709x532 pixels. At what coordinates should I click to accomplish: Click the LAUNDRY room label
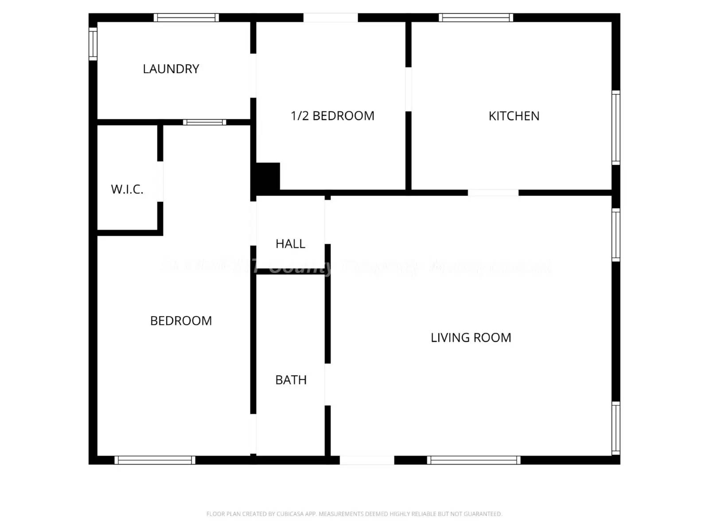(171, 69)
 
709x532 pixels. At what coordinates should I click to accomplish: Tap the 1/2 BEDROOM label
(332, 116)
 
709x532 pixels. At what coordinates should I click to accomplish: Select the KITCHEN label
(514, 116)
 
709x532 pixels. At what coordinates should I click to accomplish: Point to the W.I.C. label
(127, 190)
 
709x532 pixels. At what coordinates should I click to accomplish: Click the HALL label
(290, 244)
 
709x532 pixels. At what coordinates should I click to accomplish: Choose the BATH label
(291, 380)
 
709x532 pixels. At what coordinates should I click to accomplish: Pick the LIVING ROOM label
(471, 338)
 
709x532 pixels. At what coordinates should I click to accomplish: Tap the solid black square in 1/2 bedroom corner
(268, 176)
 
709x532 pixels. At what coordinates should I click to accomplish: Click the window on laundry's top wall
(186, 18)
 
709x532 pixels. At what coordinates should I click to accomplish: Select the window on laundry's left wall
(93, 43)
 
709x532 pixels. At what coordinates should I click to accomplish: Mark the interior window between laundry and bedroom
(204, 122)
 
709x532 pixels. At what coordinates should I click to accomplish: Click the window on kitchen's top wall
(476, 18)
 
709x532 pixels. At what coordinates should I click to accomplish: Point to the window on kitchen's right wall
(616, 127)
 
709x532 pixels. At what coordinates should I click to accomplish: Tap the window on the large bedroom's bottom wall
(155, 460)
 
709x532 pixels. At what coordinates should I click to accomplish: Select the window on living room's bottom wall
(474, 460)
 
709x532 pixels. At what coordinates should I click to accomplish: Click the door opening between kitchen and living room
(493, 193)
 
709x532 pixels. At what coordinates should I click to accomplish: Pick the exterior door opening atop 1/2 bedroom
(331, 18)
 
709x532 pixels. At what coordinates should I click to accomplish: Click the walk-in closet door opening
(160, 181)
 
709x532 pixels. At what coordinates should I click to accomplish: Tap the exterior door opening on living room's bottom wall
(367, 460)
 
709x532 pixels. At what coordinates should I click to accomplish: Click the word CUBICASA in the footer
(290, 514)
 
